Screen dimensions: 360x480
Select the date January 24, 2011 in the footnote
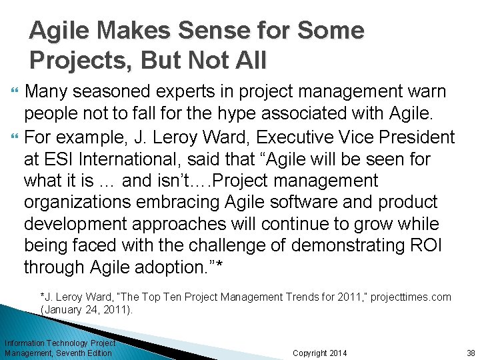pyautogui.click(x=87, y=310)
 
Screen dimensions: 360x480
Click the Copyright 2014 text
pyautogui.click(x=320, y=353)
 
